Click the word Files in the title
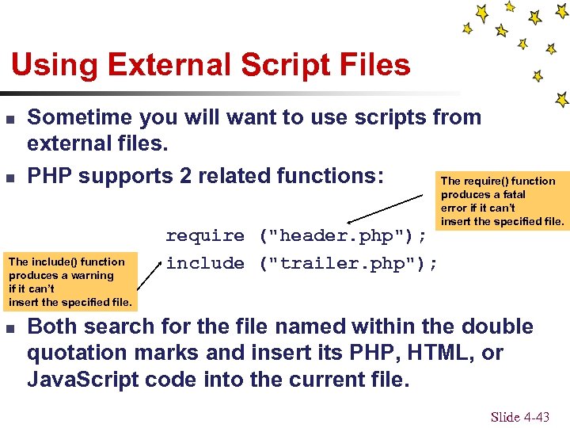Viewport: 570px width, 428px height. click(372, 64)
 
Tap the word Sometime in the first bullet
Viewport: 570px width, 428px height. click(79, 117)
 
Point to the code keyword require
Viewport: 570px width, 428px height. click(205, 236)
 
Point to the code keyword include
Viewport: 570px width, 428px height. click(205, 263)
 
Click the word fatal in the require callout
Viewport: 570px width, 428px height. click(513, 194)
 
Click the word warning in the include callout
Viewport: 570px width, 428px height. click(93, 275)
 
